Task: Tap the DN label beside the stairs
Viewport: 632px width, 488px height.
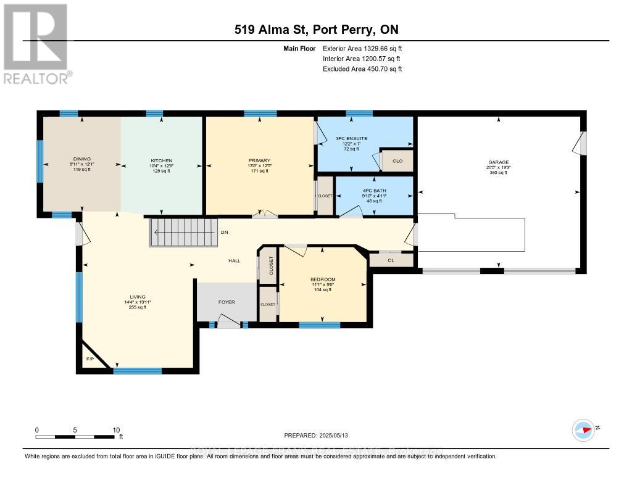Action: pos(225,233)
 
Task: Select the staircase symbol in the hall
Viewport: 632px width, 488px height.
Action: pos(183,233)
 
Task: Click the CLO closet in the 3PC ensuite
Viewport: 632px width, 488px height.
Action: pos(397,161)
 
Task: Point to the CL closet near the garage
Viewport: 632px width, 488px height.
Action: pos(391,260)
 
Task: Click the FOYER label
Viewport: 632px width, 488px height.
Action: pos(227,302)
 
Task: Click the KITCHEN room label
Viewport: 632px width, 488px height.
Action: pos(161,160)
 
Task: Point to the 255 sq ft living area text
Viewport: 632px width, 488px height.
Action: pos(137,307)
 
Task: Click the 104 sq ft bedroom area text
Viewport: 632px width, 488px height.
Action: pos(323,289)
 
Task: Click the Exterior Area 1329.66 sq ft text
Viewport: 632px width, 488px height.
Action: pos(362,48)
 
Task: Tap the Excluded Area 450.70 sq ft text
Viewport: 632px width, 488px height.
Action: pos(362,69)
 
